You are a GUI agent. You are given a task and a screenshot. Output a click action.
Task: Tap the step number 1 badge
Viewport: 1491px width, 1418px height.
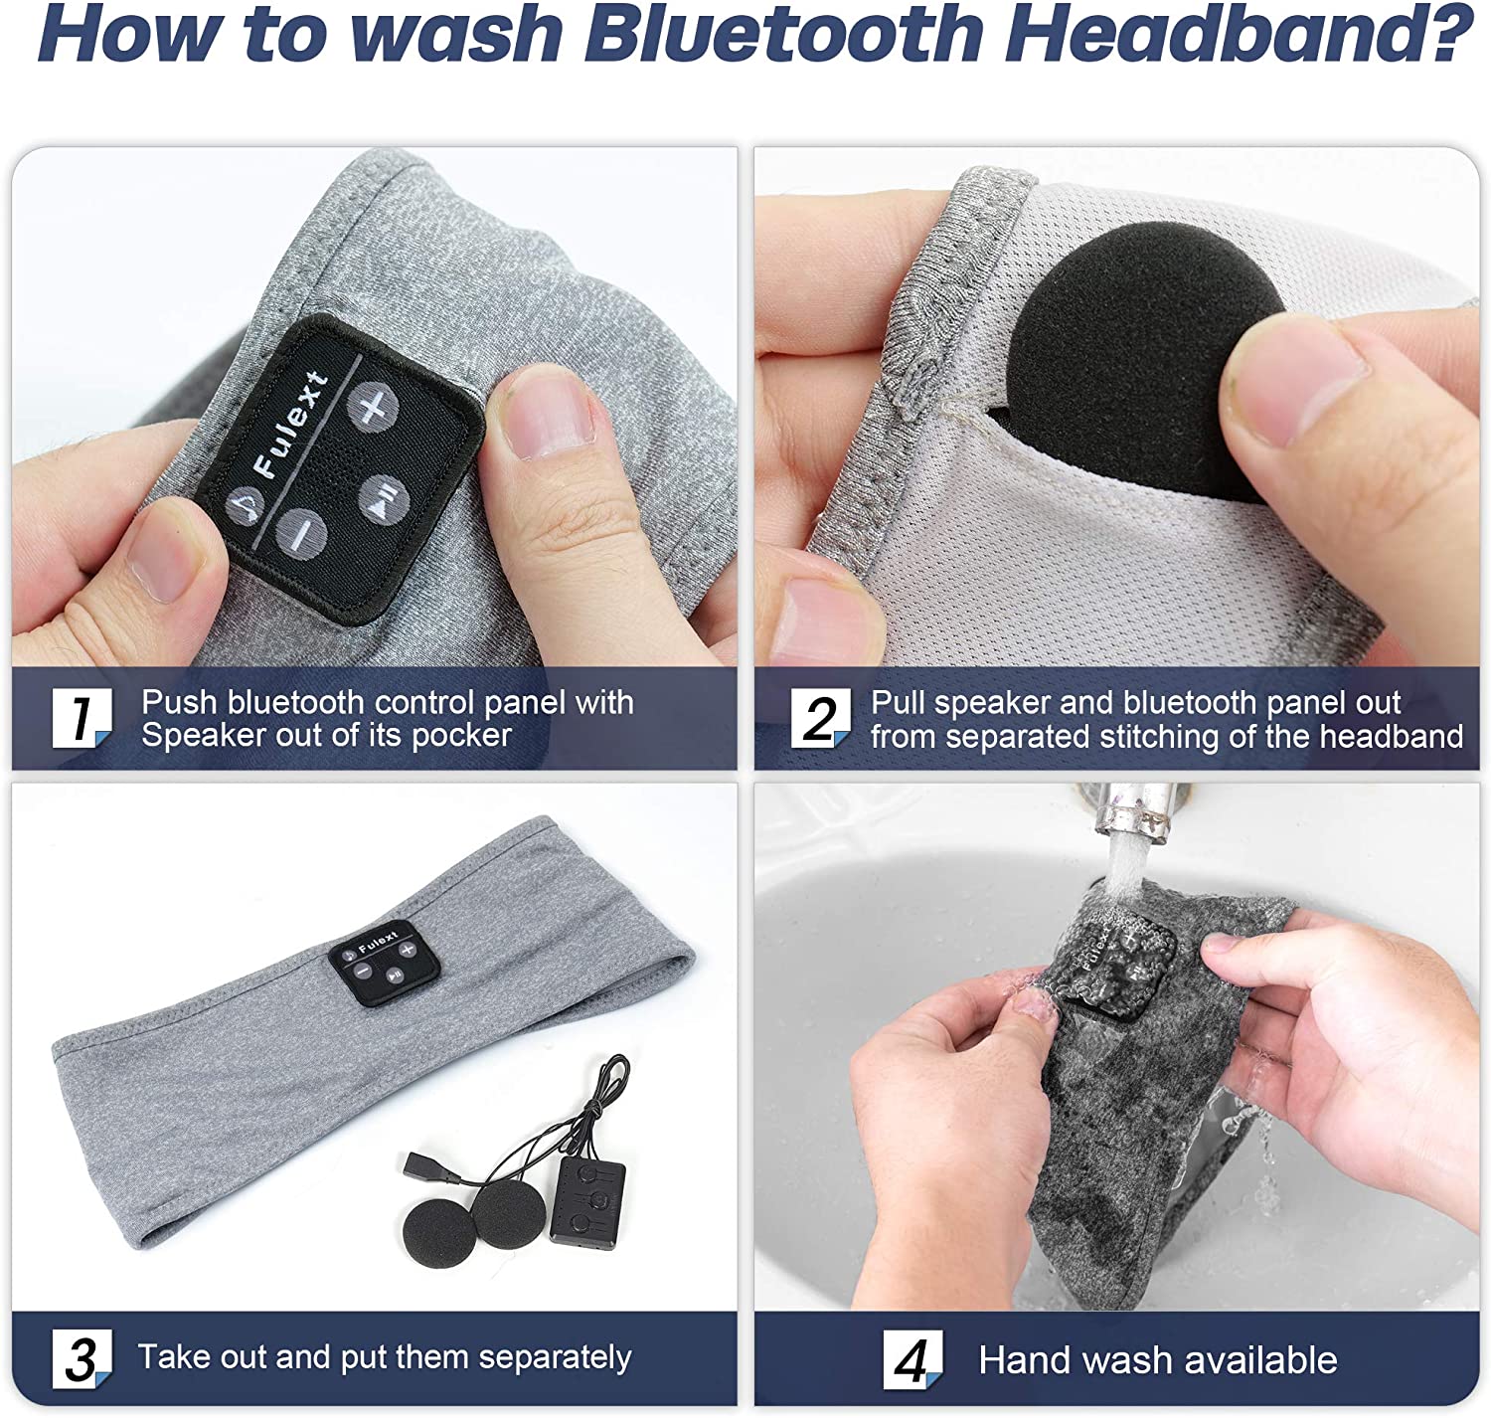point(82,717)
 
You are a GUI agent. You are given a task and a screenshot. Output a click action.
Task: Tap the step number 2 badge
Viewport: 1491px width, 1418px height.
point(821,718)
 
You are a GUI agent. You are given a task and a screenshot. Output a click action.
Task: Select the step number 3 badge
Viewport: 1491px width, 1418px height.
point(82,1358)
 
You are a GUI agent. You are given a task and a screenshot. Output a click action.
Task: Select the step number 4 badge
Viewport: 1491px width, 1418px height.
point(913,1359)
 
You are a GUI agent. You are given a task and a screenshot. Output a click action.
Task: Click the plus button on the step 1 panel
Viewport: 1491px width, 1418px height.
point(373,408)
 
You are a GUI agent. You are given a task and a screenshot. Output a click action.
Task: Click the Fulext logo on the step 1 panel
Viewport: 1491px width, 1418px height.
point(291,425)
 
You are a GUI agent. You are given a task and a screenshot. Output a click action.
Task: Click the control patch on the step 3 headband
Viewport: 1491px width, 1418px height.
point(384,962)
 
